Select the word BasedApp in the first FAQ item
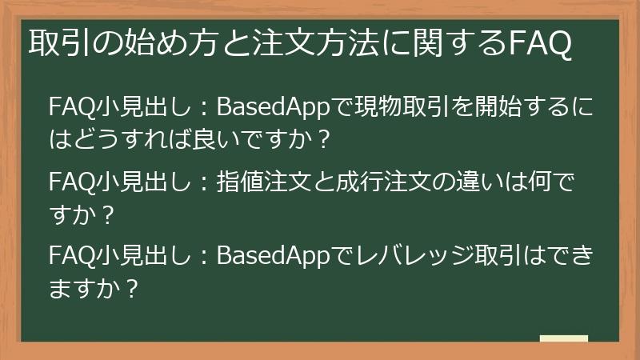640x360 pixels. (273, 107)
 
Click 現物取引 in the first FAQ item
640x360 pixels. (397, 107)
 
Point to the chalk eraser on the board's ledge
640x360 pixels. (563, 339)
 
